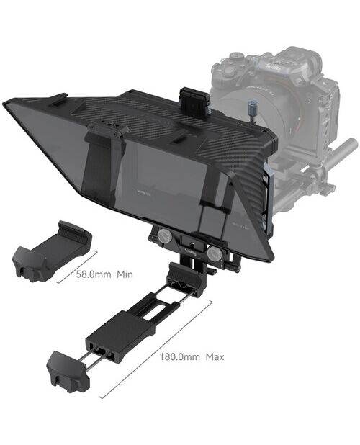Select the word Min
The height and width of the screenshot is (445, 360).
click(125, 274)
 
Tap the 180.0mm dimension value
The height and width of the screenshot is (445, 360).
click(180, 356)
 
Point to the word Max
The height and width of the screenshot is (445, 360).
click(215, 356)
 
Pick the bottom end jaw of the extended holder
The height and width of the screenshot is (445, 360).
click(68, 368)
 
